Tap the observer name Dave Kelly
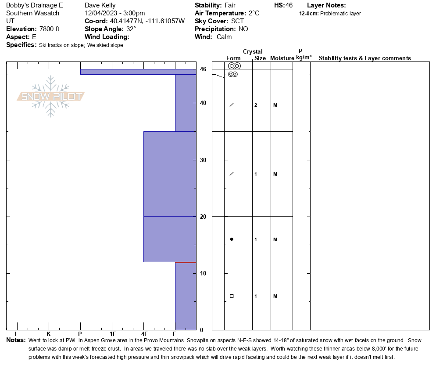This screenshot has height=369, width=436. [x=100, y=5]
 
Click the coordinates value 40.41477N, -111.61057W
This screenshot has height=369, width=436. [x=147, y=21]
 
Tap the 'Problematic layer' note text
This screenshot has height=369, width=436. [x=340, y=14]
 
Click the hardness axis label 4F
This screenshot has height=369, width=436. [x=144, y=334]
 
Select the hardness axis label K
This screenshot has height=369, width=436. [x=49, y=334]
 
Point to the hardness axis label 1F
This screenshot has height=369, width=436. [x=112, y=334]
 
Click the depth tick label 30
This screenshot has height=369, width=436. [x=203, y=160]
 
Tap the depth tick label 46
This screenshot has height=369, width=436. [x=203, y=69]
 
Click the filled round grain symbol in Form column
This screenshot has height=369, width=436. [x=232, y=239]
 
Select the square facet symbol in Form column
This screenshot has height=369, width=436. [x=232, y=296]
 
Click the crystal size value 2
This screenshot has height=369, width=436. [x=256, y=105]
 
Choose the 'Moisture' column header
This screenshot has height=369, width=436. [x=282, y=58]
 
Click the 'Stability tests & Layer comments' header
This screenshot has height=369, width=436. [x=365, y=58]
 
